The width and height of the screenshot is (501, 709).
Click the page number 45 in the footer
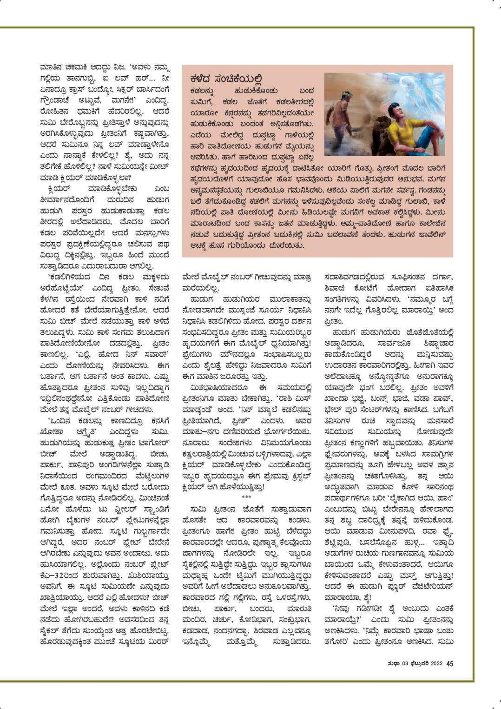coord(449,664)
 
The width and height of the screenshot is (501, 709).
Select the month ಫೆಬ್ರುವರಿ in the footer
coord(416,664)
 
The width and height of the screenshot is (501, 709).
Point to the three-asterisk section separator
coord(246,497)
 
